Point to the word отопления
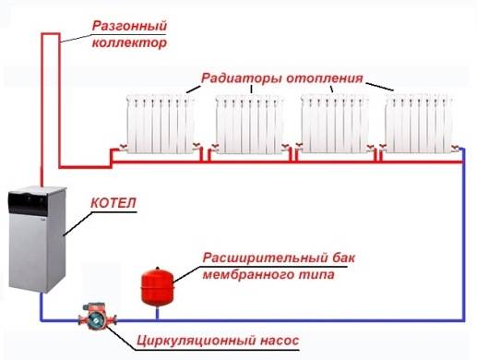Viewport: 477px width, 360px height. pos(327,78)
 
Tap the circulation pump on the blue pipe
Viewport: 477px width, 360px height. pos(96,319)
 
